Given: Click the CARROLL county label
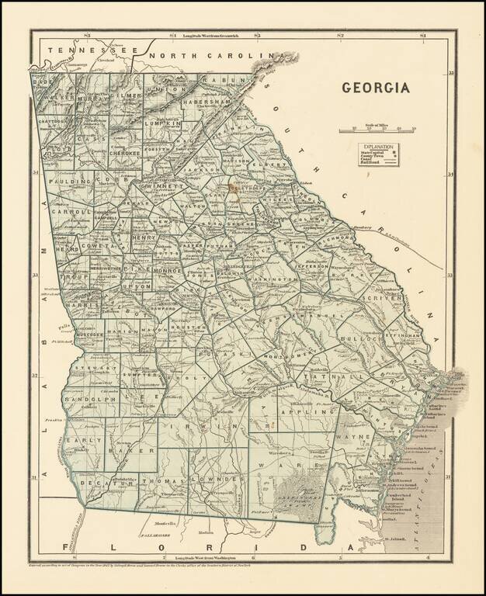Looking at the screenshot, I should [71, 211].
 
